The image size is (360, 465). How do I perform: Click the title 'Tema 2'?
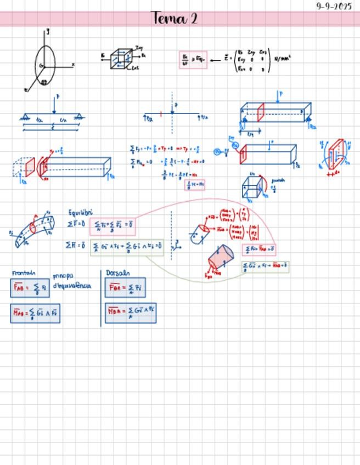pyautogui.click(x=176, y=19)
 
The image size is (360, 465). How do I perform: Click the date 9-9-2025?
pyautogui.click(x=334, y=6)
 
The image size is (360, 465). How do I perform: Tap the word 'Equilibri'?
pyautogui.click(x=80, y=212)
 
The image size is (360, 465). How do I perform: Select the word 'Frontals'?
pyautogui.click(x=24, y=273)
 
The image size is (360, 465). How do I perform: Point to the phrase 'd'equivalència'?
pyautogui.click(x=72, y=286)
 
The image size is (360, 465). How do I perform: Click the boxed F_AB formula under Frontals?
pyautogui.click(x=30, y=288)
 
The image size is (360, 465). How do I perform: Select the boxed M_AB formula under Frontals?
pyautogui.click(x=35, y=314)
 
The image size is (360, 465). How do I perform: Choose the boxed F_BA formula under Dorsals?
pyautogui.click(x=126, y=288)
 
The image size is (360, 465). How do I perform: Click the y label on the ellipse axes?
pyautogui.click(x=48, y=32)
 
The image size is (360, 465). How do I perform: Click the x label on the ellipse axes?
pyautogui.click(x=73, y=65)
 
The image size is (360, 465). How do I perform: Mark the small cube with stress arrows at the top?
pyautogui.click(x=121, y=59)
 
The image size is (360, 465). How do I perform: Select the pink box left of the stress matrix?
pyautogui.click(x=193, y=59)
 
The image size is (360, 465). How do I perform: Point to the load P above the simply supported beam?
pyautogui.click(x=57, y=97)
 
